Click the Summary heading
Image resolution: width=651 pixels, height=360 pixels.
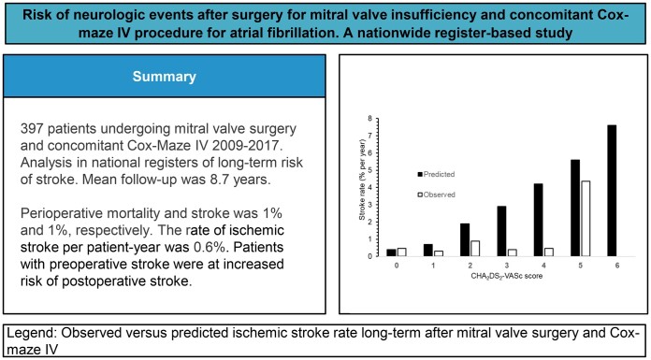pos(164,77)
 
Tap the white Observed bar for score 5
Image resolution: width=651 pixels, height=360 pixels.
pos(586,219)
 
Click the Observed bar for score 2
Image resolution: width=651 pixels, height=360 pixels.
pos(475,249)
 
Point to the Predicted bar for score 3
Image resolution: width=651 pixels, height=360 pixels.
pos(502,231)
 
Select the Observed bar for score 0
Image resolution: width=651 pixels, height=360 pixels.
pos(401,252)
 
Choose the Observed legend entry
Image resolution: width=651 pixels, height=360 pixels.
pos(436,194)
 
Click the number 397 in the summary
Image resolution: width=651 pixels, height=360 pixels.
pos(32,129)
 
